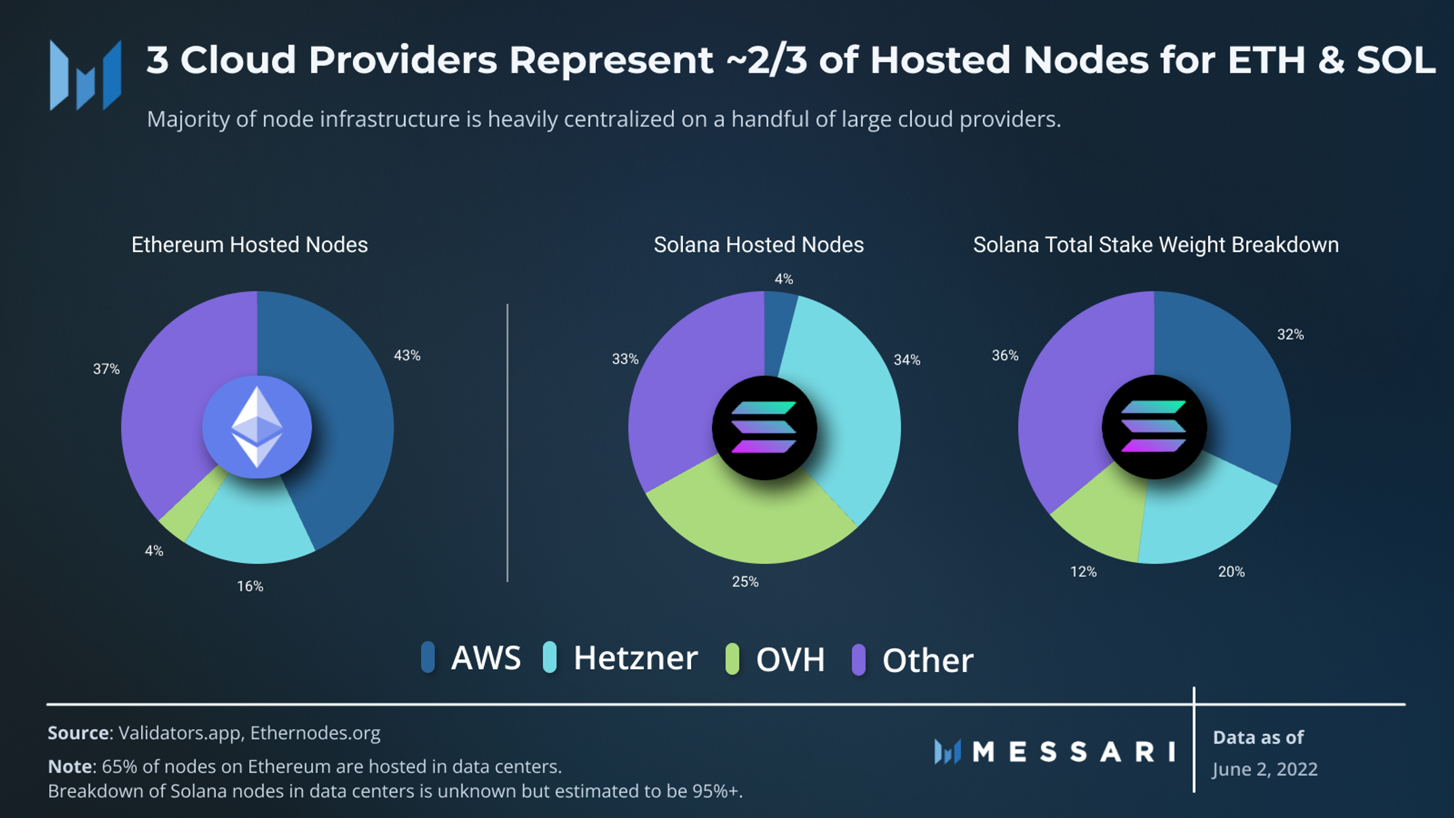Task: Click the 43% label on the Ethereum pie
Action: pos(407,356)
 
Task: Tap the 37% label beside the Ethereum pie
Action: pos(106,369)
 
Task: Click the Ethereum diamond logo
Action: pos(257,427)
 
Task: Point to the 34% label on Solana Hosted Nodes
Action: pos(907,360)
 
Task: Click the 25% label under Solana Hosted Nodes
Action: pos(745,582)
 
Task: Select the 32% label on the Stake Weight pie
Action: pos(1290,335)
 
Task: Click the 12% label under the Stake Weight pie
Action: pos(1083,572)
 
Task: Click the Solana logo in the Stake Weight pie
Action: pos(1154,427)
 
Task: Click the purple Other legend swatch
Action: pos(859,659)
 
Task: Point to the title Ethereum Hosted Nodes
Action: pos(250,245)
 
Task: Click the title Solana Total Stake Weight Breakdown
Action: pos(1156,245)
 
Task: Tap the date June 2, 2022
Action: pos(1265,769)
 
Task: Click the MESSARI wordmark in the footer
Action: pos(1074,751)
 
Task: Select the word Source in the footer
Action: pos(78,733)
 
